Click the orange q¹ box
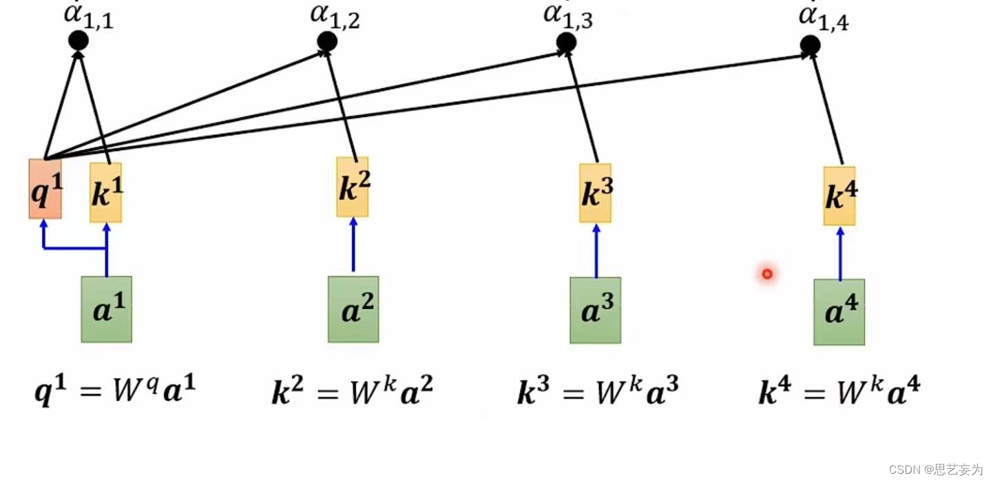coord(45,189)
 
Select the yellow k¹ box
coord(105,193)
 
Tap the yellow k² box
coord(353,187)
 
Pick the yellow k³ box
coord(595,193)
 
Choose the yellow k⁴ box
coord(839,196)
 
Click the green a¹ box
coord(106,309)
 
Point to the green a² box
coord(353,309)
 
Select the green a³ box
coord(595,310)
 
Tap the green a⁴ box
coord(839,312)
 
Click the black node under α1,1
coord(79,41)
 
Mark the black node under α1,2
coord(327,41)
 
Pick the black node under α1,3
coord(566,42)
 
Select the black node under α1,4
coord(810,45)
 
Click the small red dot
coord(766,274)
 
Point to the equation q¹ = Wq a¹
coord(116,392)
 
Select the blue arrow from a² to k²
coord(353,245)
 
